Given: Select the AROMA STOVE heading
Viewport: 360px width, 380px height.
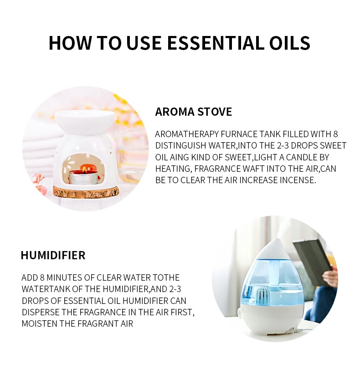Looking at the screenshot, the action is (194, 112).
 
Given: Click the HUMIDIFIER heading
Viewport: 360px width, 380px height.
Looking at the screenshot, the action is (53, 255).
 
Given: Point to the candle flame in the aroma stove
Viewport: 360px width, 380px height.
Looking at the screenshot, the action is (84, 169).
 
